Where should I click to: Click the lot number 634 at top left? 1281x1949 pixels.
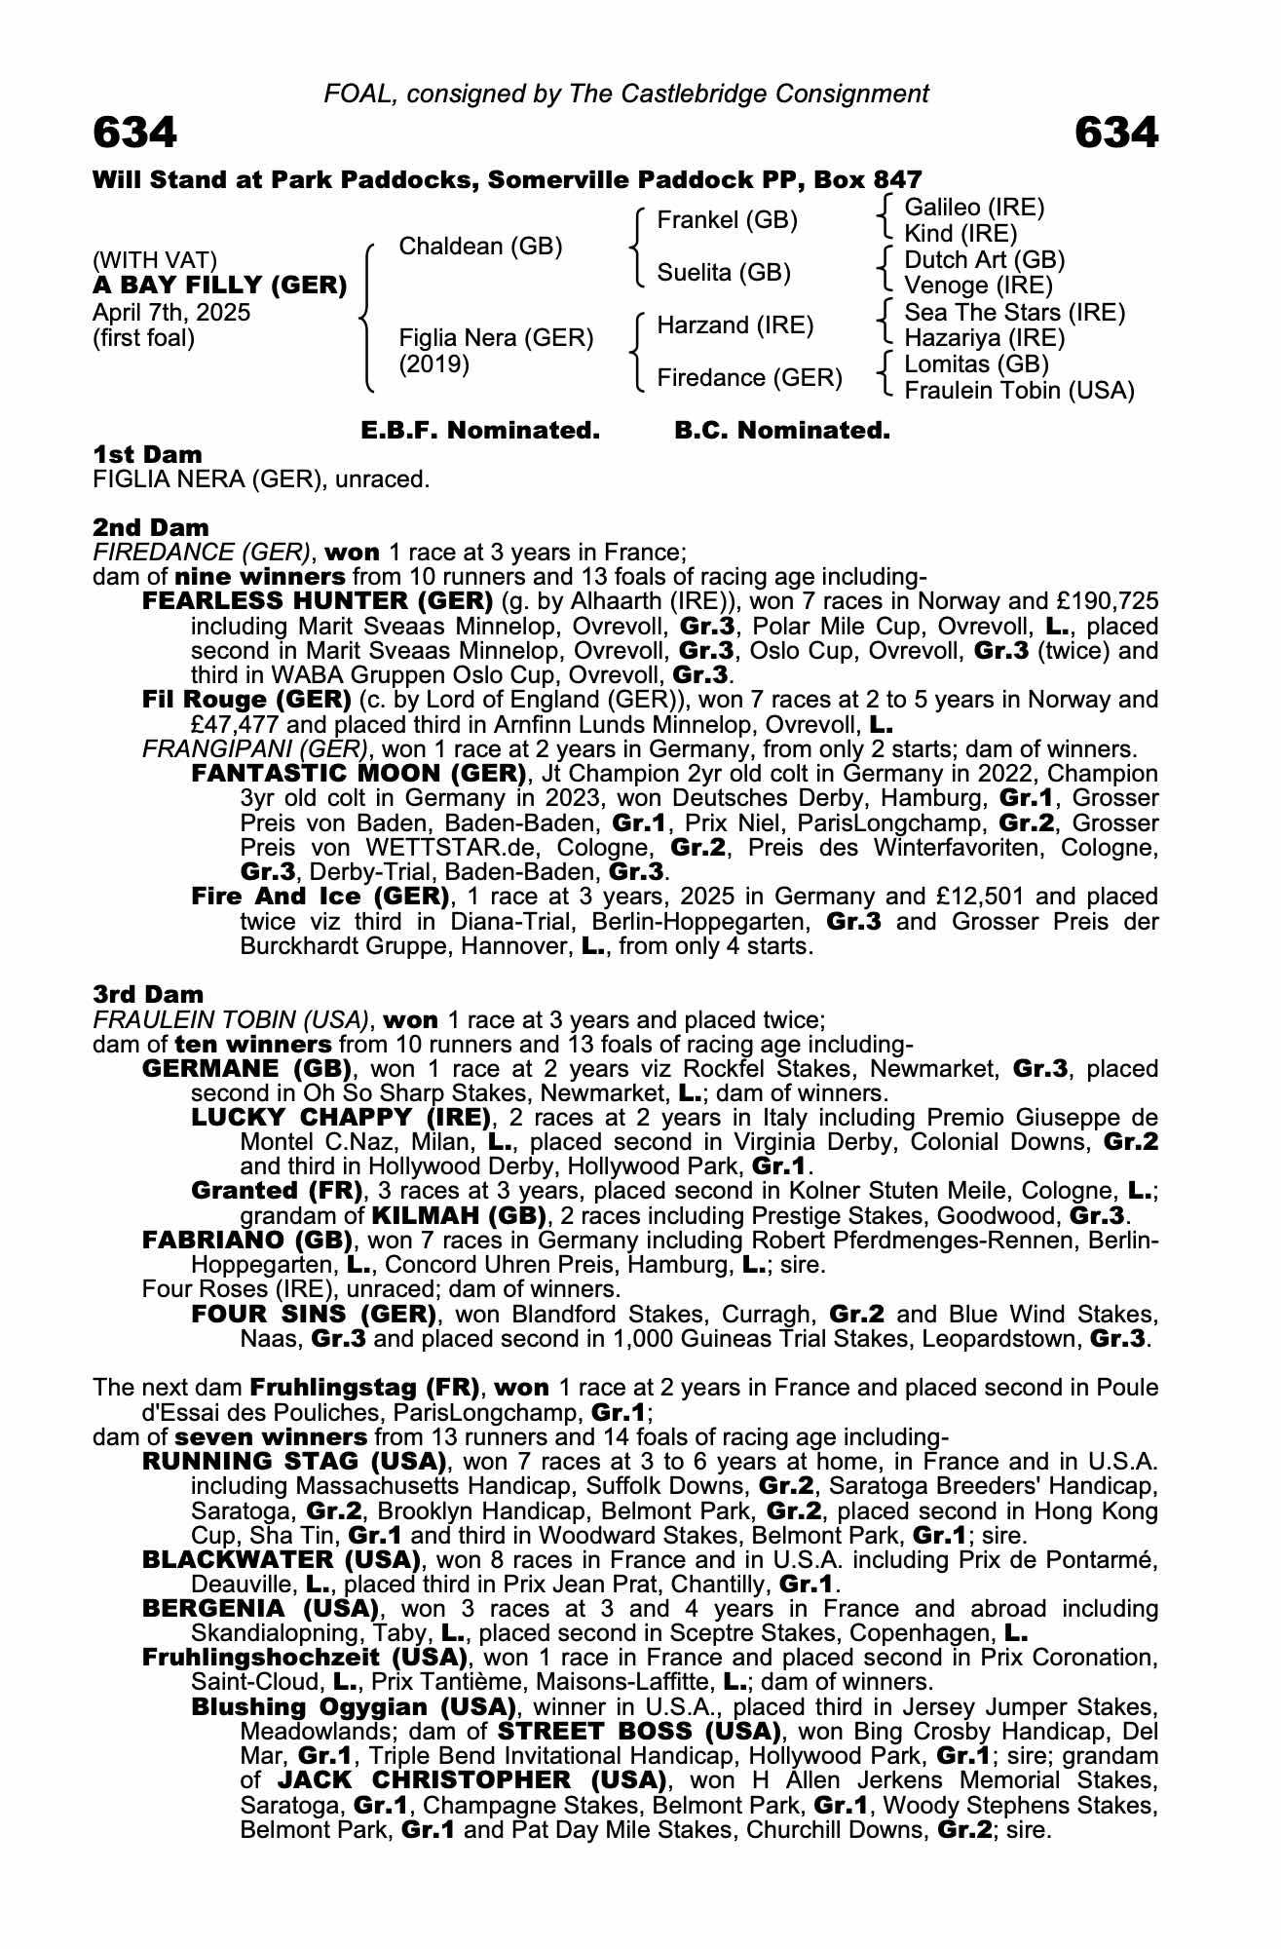(x=135, y=133)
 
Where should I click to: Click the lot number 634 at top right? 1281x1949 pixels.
(x=1116, y=133)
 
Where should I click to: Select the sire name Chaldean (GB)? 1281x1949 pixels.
(x=480, y=247)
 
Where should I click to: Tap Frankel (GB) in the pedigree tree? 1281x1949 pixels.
(x=727, y=220)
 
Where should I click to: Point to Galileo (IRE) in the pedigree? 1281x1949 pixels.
(x=974, y=207)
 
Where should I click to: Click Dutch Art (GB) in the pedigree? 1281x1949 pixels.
(x=984, y=259)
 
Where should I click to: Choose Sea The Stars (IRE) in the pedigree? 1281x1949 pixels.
(x=1014, y=312)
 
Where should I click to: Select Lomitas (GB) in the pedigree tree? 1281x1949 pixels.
(x=976, y=364)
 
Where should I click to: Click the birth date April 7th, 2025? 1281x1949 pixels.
(x=171, y=313)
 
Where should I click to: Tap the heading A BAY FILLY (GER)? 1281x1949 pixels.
(x=220, y=286)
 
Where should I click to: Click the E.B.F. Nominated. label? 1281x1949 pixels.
(x=479, y=430)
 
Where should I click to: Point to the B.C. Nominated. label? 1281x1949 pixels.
(x=782, y=430)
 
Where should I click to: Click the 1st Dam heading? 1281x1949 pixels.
(x=148, y=454)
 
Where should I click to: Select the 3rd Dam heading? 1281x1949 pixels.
(x=148, y=994)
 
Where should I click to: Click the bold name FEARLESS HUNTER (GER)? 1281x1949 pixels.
(x=318, y=600)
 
